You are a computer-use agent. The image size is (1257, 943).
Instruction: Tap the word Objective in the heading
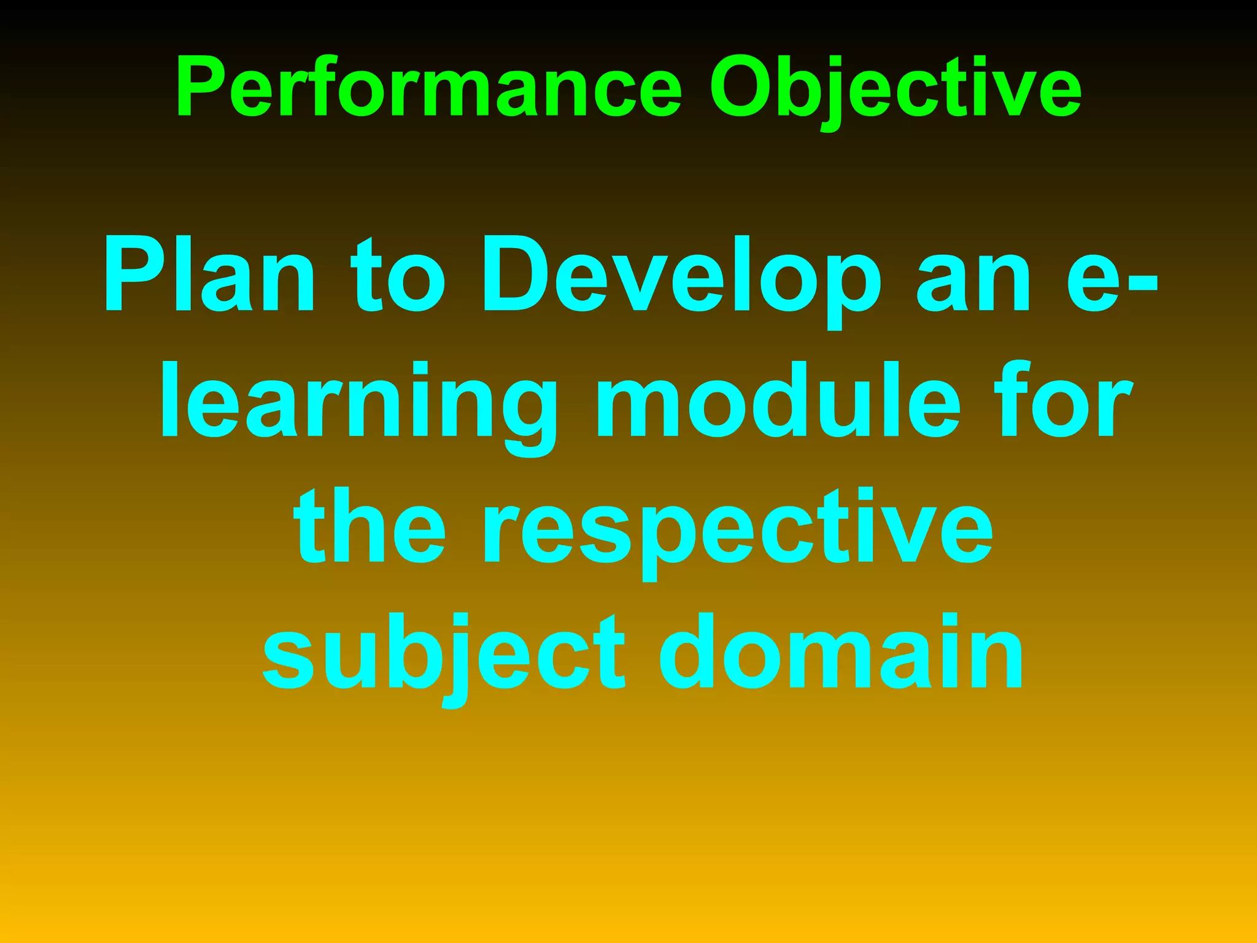(x=895, y=87)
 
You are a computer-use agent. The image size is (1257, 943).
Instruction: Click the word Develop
(x=681, y=276)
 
